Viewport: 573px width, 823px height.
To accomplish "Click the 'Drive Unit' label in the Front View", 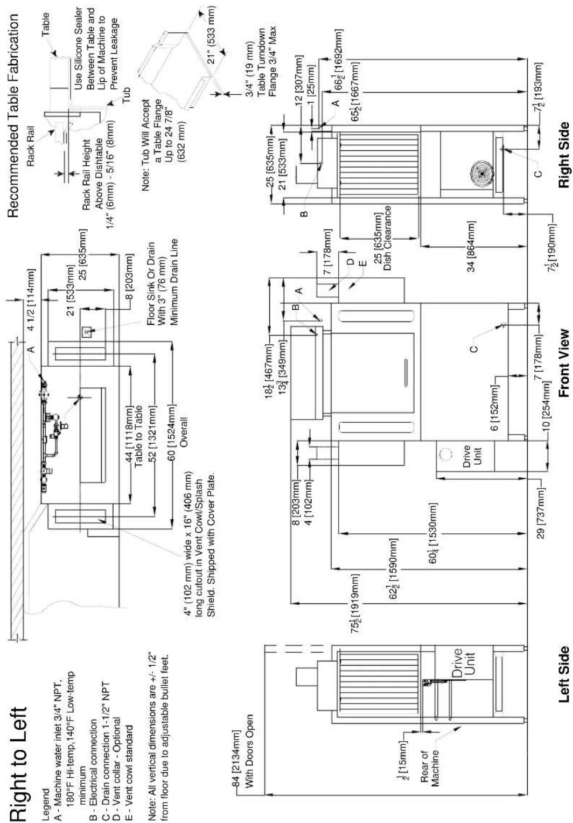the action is click(x=472, y=456).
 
